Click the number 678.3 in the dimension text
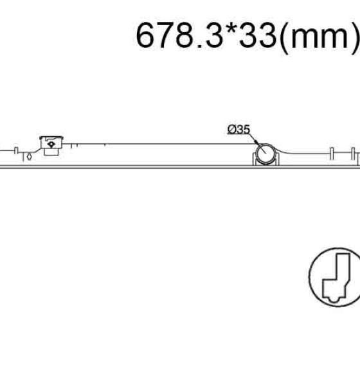(179, 35)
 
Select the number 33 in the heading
(258, 35)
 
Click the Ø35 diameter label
(239, 130)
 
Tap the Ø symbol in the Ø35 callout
(231, 130)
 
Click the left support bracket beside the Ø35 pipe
(255, 159)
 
